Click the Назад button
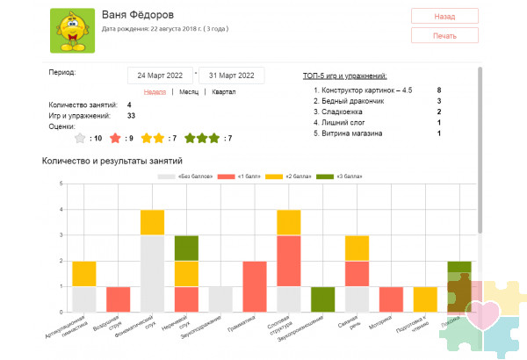pyautogui.click(x=444, y=16)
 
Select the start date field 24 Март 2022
pyautogui.click(x=160, y=76)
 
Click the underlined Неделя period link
pyautogui.click(x=155, y=91)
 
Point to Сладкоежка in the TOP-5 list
pyautogui.click(x=345, y=112)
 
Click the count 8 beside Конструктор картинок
pyautogui.click(x=438, y=90)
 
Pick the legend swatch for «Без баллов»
pyautogui.click(x=166, y=176)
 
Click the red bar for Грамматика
pyautogui.click(x=255, y=286)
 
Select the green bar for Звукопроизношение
pyautogui.click(x=323, y=299)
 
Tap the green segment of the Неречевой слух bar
pyautogui.click(x=186, y=248)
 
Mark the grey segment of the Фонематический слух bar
pyautogui.click(x=152, y=273)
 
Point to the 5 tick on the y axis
pyautogui.click(x=60, y=184)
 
